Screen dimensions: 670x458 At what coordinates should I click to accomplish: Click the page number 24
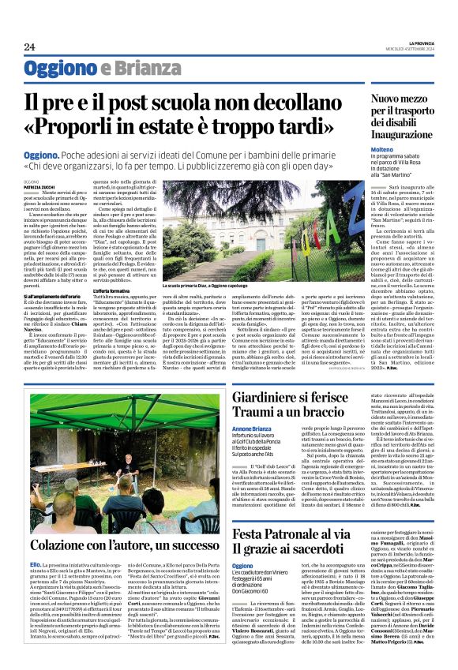[28, 47]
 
